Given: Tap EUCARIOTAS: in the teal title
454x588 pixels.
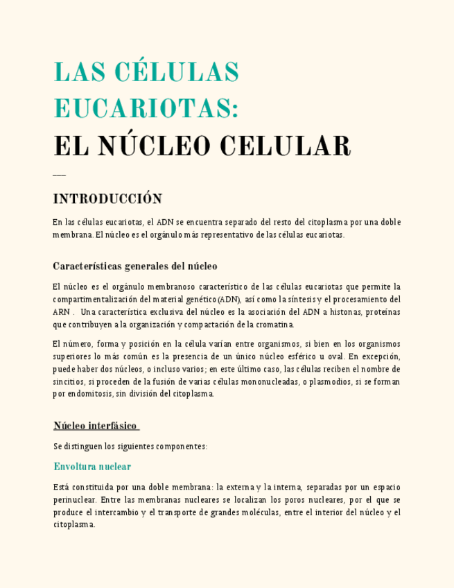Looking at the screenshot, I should tap(146, 109).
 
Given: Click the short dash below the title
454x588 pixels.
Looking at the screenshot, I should tap(59, 175).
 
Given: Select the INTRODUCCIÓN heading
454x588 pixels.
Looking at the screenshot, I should tap(107, 199).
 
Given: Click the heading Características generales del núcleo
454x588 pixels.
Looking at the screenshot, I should tap(135, 266).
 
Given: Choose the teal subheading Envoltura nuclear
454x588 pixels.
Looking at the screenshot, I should tap(92, 467).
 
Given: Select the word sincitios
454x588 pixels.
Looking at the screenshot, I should tap(69, 381).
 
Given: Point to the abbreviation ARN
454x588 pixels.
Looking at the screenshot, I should tap(61, 312).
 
